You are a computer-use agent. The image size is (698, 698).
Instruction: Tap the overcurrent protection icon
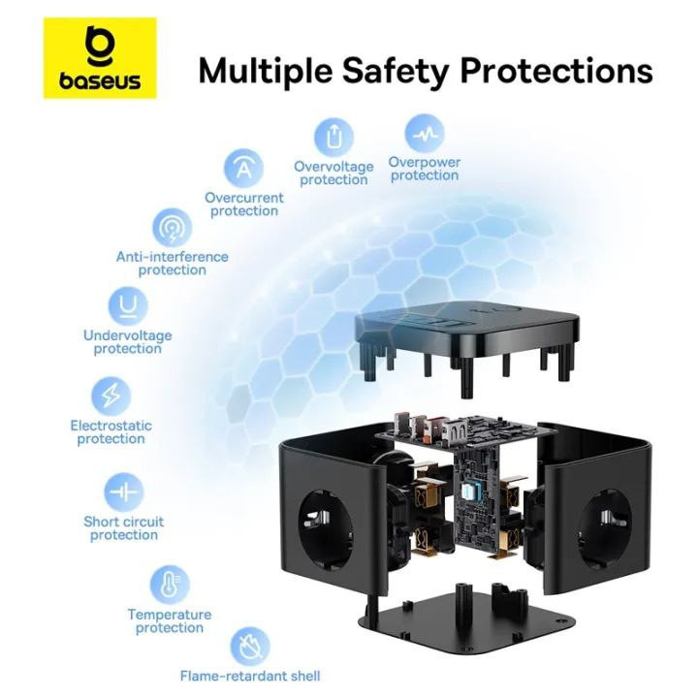coord(244,169)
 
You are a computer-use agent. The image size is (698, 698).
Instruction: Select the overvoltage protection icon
coord(333,137)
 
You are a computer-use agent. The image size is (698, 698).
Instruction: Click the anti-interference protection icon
coord(173,229)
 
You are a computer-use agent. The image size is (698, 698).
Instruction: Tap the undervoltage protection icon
coord(127,306)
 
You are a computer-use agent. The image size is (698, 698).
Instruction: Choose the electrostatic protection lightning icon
coord(111,397)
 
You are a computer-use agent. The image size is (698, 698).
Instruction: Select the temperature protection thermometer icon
coord(169,586)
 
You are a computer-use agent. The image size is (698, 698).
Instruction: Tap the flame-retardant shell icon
coord(250,646)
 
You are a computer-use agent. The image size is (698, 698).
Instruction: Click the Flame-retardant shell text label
coord(250,676)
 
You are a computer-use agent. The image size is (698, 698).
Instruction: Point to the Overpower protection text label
coord(425,169)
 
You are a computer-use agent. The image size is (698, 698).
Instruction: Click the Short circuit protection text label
coord(123,528)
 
